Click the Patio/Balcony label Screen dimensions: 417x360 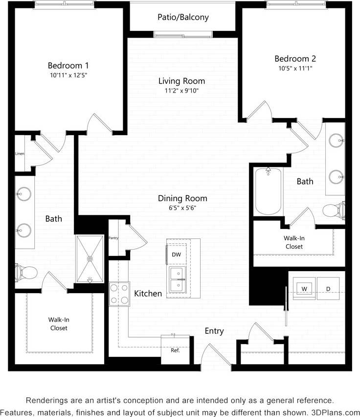[x=183, y=17]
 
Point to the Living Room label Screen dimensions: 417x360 [x=181, y=81]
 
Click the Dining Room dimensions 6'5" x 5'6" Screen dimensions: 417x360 [x=182, y=208]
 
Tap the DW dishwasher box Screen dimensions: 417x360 [x=176, y=254]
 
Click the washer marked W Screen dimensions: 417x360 [x=304, y=289]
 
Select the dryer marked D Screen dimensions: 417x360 [x=328, y=289]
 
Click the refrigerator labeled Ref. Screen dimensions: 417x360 [x=175, y=349]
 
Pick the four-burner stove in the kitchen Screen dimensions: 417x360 [x=119, y=294]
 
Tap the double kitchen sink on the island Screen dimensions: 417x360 [x=177, y=278]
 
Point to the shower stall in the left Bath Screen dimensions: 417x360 [x=90, y=258]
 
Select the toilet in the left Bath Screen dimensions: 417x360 [x=26, y=271]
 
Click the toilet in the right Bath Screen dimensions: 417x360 [x=335, y=211]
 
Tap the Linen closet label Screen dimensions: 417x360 [x=20, y=154]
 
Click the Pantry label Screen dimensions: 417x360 [x=113, y=237]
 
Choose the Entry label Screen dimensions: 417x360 [x=214, y=331]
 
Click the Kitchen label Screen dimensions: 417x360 [x=148, y=294]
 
